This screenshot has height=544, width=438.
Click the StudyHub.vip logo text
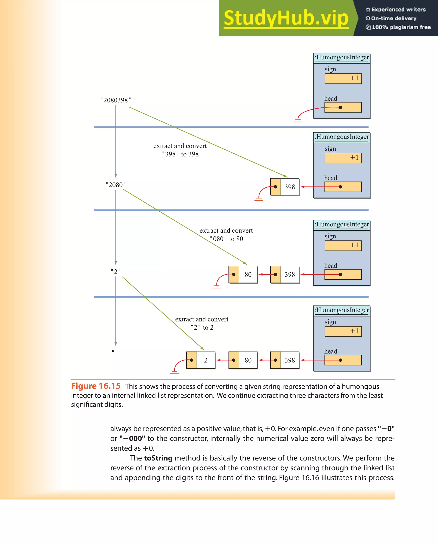tap(286, 18)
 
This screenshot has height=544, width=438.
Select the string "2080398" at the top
tap(116, 100)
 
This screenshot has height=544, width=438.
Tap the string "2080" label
tap(116, 185)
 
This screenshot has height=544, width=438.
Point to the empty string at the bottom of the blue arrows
tap(116, 351)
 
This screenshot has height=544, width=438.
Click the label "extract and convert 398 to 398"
tap(180, 150)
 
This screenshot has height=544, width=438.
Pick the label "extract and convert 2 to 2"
tap(202, 323)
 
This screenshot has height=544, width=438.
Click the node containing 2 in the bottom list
tap(201, 360)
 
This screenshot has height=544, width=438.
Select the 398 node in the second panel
tap(285, 187)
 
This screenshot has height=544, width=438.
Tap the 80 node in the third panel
tap(243, 274)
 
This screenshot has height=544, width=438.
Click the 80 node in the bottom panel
tap(243, 360)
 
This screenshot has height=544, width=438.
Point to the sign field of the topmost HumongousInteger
tap(343, 78)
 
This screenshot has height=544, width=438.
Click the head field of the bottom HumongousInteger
tap(343, 360)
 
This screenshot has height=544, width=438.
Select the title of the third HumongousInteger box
tap(342, 224)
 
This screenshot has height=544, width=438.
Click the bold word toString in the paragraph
tap(158, 458)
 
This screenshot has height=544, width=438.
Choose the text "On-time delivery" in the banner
tap(394, 18)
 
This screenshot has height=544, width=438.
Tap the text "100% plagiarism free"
tap(401, 27)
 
